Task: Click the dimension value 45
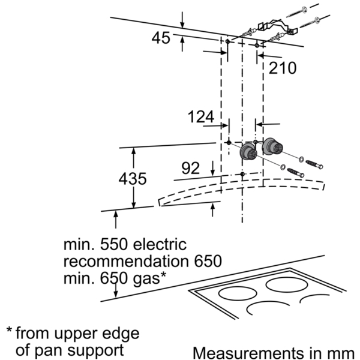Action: [x=161, y=38]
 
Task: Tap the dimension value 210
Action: [x=283, y=68]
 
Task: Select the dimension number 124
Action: [x=201, y=116]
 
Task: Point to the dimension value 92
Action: [x=190, y=168]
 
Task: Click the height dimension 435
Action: [x=133, y=179]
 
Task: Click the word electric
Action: [x=160, y=245]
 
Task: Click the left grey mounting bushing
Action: [x=248, y=151]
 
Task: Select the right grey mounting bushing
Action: [x=272, y=146]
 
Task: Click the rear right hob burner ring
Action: [x=287, y=284]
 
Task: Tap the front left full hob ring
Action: [x=238, y=293]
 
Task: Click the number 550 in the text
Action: [x=113, y=245]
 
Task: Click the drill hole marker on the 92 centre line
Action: [x=242, y=174]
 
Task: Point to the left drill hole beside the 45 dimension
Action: [x=227, y=41]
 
